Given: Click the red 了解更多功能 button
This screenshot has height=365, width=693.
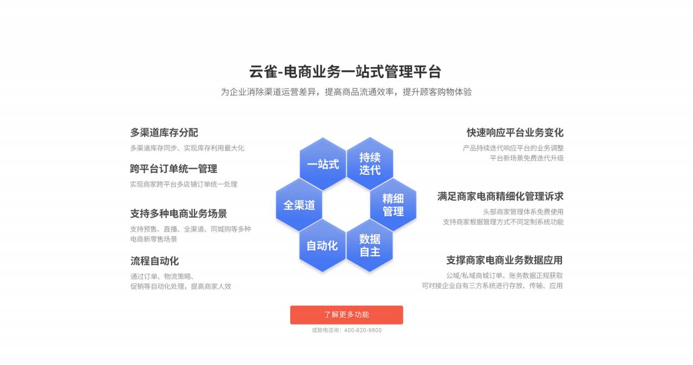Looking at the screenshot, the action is (x=346, y=315).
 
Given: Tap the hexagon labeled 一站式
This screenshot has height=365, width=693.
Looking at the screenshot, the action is (x=323, y=164).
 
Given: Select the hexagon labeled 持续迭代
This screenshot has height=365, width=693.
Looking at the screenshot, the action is (x=370, y=164).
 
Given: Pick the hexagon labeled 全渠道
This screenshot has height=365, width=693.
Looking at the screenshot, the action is (x=299, y=205).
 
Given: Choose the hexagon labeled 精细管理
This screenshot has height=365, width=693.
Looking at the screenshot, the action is (x=393, y=205).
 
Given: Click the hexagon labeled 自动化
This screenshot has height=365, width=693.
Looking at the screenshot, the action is (x=322, y=246).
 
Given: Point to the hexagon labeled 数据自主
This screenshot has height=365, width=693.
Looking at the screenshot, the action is (x=370, y=246).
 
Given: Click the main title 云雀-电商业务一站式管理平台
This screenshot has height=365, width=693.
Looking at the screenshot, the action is (x=345, y=72).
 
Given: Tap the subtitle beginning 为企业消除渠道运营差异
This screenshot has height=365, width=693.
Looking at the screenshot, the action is (x=346, y=92).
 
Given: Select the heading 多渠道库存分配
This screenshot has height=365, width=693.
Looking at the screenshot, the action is (x=164, y=133).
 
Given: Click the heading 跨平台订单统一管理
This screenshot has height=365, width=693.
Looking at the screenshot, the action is (x=174, y=169).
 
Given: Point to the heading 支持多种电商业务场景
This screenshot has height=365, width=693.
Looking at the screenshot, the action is (x=179, y=213).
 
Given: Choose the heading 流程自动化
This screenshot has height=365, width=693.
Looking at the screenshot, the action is (x=154, y=261).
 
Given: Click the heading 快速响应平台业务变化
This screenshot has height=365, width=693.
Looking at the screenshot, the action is (x=515, y=133).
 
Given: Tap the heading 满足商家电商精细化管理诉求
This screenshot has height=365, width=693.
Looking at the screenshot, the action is (x=500, y=197).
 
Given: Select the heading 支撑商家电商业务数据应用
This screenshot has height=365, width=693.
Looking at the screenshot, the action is (x=504, y=260).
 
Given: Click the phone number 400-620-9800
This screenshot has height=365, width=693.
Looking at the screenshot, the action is (x=363, y=330).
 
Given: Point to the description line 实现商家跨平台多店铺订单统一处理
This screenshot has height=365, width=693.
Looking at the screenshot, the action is (x=184, y=184).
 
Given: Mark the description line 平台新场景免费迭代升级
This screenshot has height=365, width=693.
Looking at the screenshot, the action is (x=527, y=158).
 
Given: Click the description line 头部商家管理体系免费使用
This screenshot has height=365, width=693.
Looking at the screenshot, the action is (x=523, y=212).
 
